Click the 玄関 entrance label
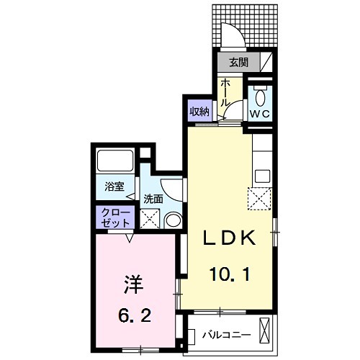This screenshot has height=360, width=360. [x=237, y=63]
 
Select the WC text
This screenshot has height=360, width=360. [x=259, y=113]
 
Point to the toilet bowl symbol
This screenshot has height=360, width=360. [x=259, y=96]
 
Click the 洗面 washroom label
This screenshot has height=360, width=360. [x=153, y=198]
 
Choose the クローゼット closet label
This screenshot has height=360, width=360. [x=114, y=218]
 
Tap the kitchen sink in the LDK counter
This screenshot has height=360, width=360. [x=261, y=174]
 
